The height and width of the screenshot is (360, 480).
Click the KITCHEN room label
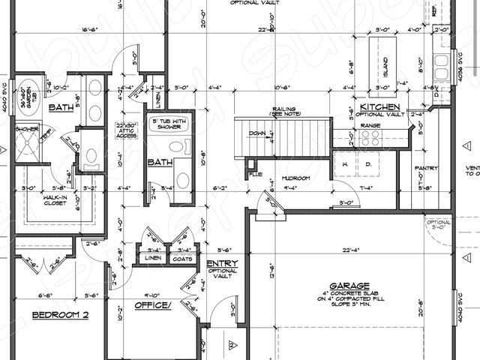pos(379,107)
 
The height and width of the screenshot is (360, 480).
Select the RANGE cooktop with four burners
pos(370,136)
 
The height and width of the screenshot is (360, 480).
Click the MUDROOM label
pos(295,178)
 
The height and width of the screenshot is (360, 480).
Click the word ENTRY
pos(223,263)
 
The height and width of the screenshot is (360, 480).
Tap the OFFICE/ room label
pos(153,305)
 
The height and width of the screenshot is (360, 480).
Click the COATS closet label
pos(182,259)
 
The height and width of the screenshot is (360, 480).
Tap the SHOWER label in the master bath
pos(26,128)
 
